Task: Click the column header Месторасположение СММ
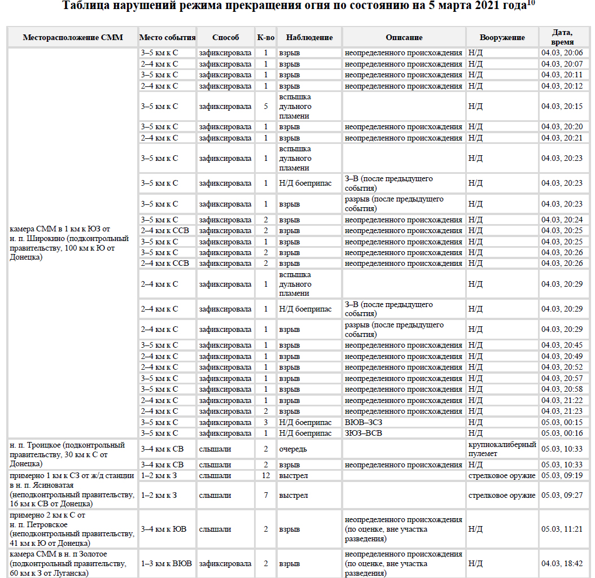point(73,38)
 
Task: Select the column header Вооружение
point(502,38)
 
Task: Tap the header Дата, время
point(564,38)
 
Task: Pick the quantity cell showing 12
point(265,476)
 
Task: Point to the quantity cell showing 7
point(265,496)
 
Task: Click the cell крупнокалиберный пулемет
point(502,449)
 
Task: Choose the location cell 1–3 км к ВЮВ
point(167,564)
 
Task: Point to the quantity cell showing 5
point(265,106)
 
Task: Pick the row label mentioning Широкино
point(69,243)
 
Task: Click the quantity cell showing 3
point(265,422)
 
